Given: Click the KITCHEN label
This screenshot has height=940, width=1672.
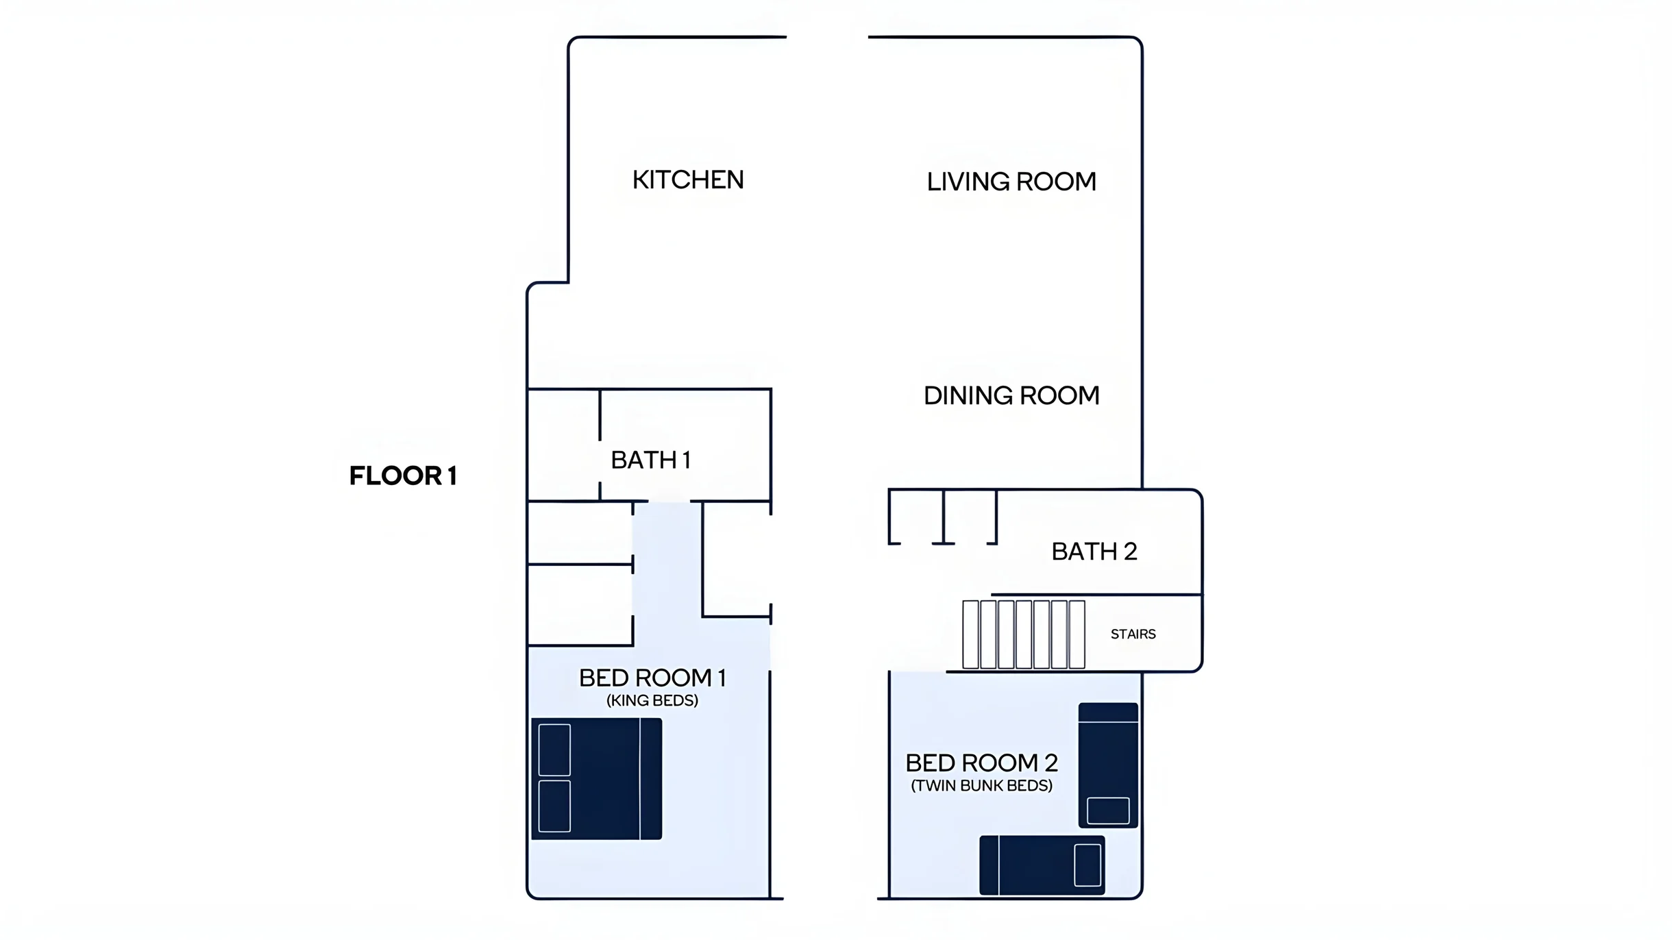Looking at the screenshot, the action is tap(688, 180).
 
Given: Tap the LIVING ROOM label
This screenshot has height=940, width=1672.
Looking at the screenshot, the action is tap(1011, 182).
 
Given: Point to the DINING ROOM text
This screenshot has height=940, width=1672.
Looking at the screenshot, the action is tap(1011, 395).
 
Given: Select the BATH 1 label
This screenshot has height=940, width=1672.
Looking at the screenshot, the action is tap(650, 460).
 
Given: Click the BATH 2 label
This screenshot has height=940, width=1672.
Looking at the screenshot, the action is tap(1094, 552).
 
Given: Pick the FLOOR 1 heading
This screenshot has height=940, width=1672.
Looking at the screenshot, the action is tap(403, 475).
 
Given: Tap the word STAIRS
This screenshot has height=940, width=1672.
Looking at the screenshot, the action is tap(1133, 634).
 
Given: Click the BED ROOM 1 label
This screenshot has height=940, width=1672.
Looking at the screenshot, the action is tap(652, 678).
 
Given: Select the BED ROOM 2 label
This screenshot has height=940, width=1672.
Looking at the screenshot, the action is tap(982, 763).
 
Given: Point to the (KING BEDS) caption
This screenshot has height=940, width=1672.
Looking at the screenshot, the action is tap(652, 701).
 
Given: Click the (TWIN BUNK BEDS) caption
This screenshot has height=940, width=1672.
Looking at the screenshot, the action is tap(982, 786).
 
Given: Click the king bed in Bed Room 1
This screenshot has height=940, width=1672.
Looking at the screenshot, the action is tap(597, 779).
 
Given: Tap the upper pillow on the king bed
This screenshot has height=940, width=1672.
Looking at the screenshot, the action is tap(554, 750).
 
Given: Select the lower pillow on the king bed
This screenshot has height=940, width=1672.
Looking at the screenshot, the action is tap(554, 806).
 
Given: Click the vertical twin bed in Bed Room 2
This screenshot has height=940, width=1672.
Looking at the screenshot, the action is tap(1108, 765).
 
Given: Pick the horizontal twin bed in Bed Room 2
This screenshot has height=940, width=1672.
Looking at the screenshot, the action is tap(1042, 865).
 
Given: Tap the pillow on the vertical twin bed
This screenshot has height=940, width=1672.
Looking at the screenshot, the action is tap(1108, 811).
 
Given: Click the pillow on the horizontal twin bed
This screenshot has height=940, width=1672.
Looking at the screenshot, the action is tap(1087, 865).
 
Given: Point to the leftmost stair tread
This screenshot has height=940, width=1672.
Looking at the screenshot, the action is tap(970, 634).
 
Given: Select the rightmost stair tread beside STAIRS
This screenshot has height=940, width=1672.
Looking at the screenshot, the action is tap(1077, 634).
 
